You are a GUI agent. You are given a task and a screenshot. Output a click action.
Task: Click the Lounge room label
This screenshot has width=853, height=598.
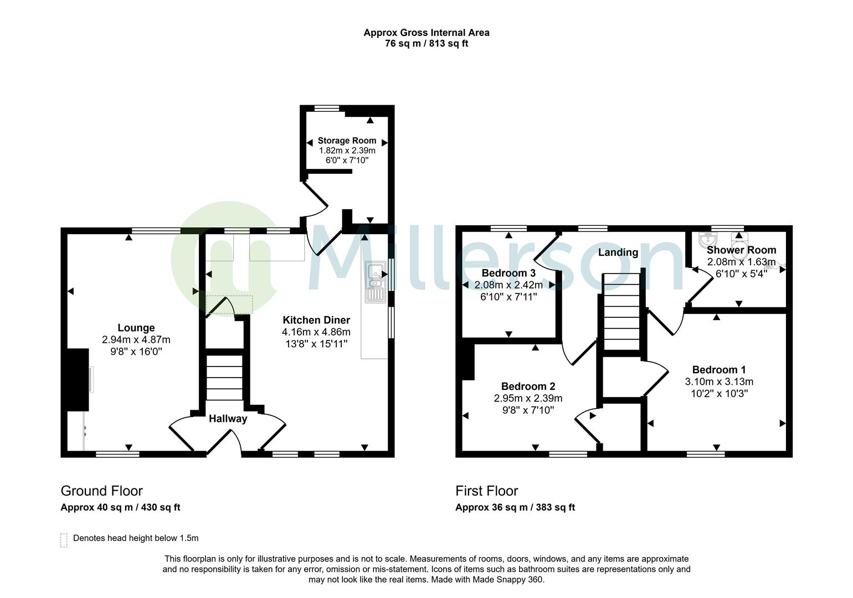pos(136,328)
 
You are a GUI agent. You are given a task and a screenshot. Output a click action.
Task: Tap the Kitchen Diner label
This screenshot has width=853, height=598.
pos(316,320)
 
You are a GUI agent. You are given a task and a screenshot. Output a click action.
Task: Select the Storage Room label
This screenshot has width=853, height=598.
pos(347,141)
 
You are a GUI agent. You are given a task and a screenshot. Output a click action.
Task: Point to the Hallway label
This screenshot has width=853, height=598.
pos(228,419)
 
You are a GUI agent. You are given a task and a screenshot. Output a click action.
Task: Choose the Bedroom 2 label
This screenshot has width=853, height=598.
pos(528,386)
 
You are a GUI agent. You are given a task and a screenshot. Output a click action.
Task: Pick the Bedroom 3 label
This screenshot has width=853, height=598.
pos(508,273)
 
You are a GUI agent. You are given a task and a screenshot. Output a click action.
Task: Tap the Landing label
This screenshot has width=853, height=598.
pos(618,252)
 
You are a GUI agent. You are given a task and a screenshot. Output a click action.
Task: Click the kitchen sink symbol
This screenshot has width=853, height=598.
pos(375,282)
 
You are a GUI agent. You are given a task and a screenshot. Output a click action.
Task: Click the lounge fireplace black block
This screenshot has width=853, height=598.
pos(78,379)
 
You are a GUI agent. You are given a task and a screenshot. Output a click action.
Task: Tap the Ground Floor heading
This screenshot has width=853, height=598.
pos(101,491)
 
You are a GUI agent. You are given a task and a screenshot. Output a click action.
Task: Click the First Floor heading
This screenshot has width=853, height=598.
pos(486,491)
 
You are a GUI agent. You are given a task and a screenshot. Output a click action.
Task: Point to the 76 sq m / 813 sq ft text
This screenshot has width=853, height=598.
pos(426,44)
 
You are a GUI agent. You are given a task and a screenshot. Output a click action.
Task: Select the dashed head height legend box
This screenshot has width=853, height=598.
pos(64,540)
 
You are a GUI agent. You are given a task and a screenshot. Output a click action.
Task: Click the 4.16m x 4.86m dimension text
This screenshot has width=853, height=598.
pos(316,332)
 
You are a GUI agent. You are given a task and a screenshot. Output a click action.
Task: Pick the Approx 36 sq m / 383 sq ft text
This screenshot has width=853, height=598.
pos(515,507)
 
